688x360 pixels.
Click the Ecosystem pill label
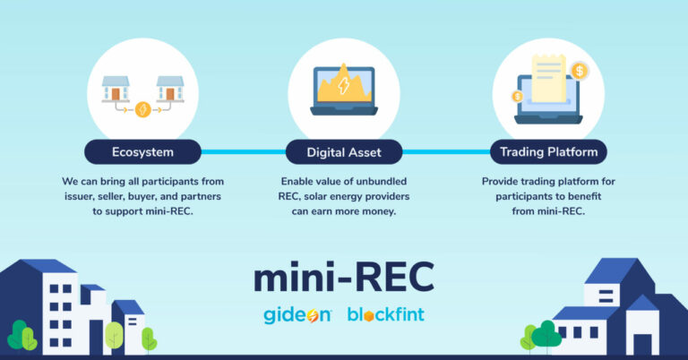click(142, 152)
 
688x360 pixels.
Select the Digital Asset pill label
click(344, 152)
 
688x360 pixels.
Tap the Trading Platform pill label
click(548, 152)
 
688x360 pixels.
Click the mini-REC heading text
click(344, 277)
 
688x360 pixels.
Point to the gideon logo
click(297, 315)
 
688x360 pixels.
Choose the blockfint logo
click(386, 314)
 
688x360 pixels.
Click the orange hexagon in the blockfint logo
click(368, 316)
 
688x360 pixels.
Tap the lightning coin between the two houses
click(142, 109)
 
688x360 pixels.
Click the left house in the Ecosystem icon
click(116, 89)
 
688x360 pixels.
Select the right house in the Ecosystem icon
click(170, 89)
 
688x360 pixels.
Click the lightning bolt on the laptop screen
click(344, 85)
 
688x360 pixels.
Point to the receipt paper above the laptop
click(548, 79)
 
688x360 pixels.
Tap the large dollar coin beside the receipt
click(580, 71)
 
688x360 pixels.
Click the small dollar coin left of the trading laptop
click(518, 97)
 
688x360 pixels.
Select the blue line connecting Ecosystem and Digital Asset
click(244, 152)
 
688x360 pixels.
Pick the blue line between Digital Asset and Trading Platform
click(446, 152)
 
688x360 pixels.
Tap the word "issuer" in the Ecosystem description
click(79, 196)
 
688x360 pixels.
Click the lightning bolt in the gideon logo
click(313, 316)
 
